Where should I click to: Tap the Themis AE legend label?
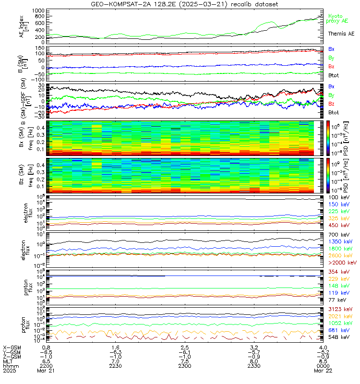(341, 34)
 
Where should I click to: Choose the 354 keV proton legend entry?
(338, 272)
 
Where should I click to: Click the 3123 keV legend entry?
(339, 310)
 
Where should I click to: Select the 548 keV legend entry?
(338, 337)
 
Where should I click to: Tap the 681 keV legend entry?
(338, 330)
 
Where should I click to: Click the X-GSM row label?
(12, 347)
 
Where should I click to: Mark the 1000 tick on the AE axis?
(38, 10)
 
